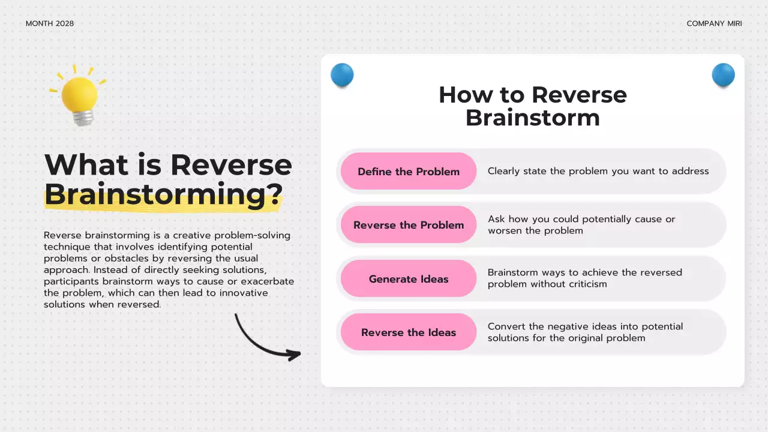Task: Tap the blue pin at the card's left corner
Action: tap(342, 75)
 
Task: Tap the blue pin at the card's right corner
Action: tap(723, 75)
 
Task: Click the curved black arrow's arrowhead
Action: tap(295, 355)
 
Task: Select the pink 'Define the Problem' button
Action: tap(409, 172)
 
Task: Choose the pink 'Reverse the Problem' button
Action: tap(409, 225)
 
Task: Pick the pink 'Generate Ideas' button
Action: tap(409, 279)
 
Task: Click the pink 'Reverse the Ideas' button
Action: tap(409, 332)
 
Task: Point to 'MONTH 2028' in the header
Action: tap(50, 23)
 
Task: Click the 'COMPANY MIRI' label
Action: tap(714, 23)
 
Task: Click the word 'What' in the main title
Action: tap(86, 165)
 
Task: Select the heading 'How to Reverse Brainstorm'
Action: tap(532, 106)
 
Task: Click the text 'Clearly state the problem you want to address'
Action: tap(598, 171)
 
